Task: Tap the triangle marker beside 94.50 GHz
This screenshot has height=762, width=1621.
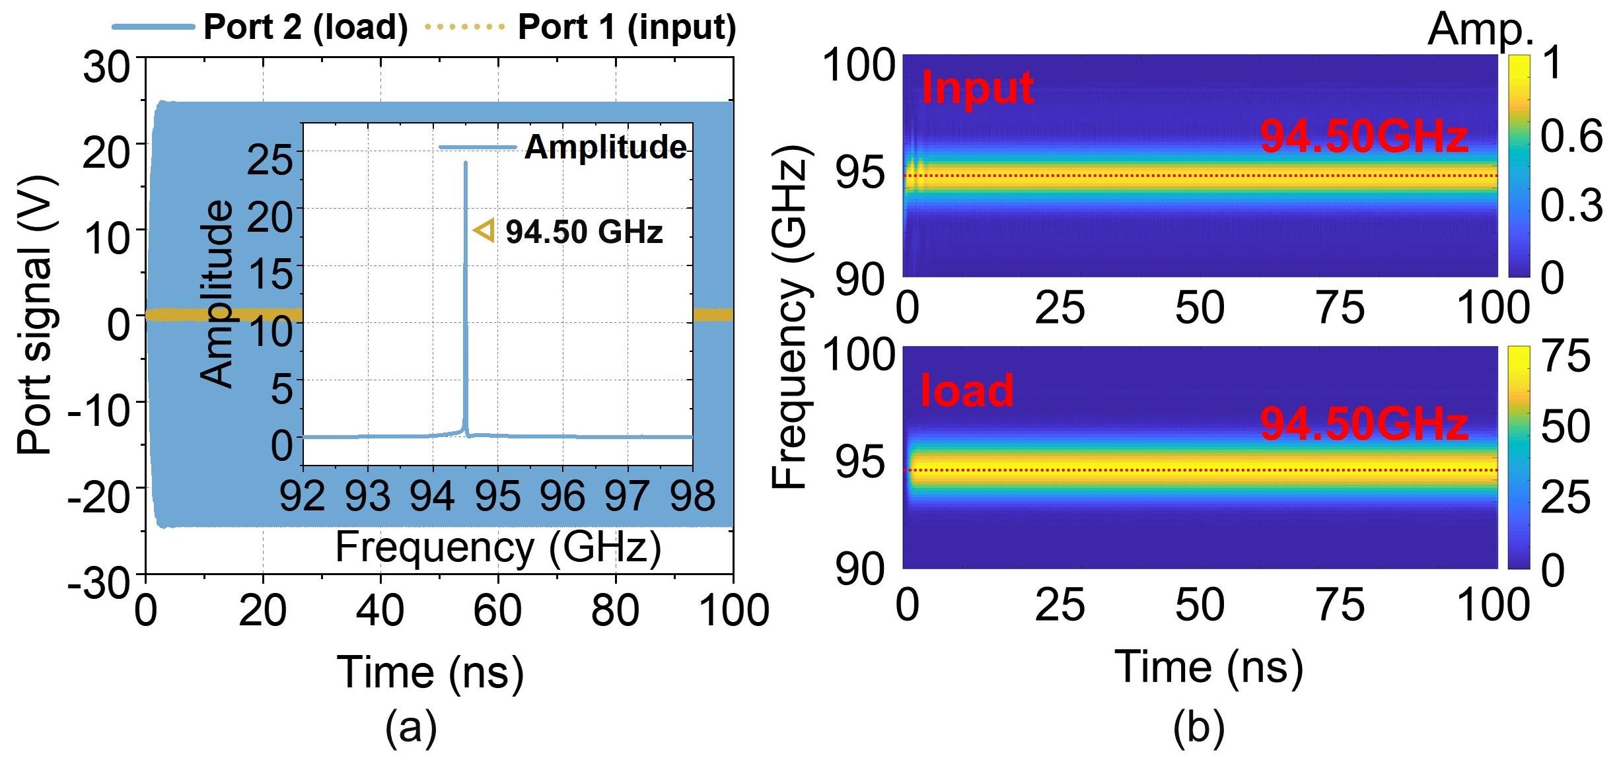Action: [484, 230]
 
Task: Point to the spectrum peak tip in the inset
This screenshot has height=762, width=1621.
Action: [466, 162]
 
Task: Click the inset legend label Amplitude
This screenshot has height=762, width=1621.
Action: [605, 147]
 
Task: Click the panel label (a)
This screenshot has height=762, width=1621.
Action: [411, 728]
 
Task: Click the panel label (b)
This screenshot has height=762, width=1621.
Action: [1199, 728]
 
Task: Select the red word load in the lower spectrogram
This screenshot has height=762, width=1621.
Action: [967, 390]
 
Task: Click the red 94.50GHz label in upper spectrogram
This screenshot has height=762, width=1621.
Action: [1364, 137]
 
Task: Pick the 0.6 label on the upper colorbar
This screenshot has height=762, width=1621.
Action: [1571, 137]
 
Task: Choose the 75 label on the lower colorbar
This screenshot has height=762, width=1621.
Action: [1566, 357]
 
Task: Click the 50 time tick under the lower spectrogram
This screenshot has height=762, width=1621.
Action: [1200, 605]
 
